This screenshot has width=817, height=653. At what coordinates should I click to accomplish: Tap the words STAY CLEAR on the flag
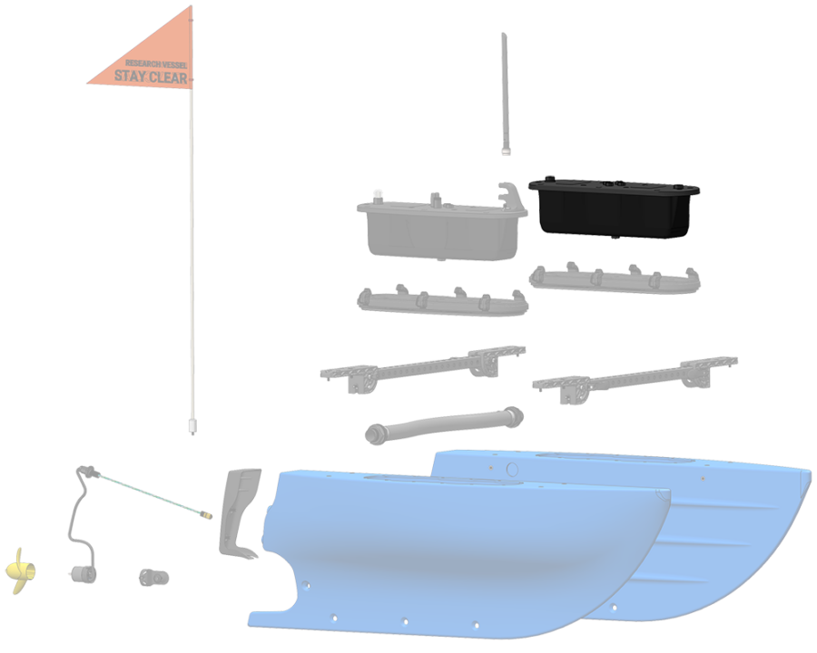click(x=151, y=78)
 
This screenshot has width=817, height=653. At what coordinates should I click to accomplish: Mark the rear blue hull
click(x=726, y=526)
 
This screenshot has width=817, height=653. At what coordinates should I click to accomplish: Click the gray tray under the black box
click(x=615, y=278)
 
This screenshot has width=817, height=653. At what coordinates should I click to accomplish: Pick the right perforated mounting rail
click(x=635, y=376)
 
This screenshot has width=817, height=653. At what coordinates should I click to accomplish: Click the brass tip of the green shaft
click(x=206, y=516)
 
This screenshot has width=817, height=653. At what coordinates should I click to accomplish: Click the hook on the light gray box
click(x=511, y=192)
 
